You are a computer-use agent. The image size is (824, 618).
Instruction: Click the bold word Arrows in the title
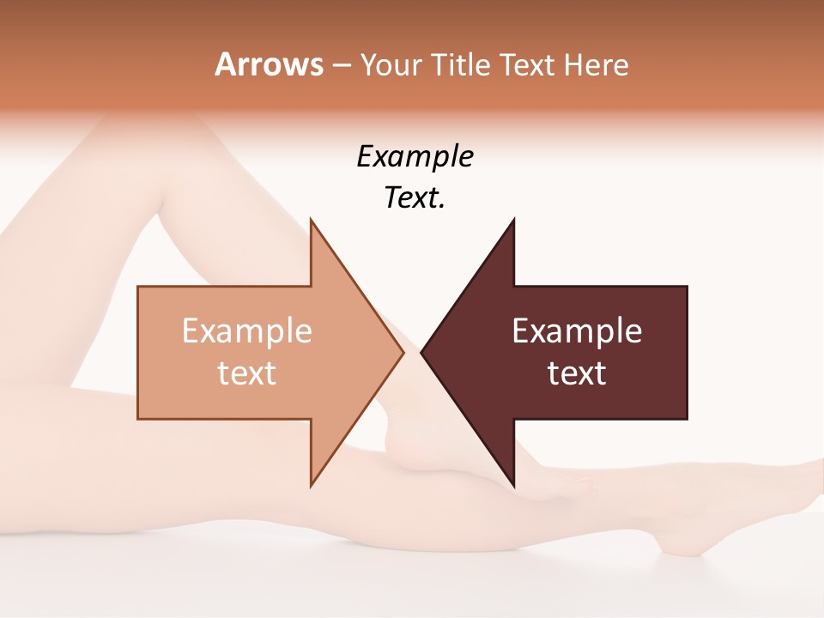click(269, 64)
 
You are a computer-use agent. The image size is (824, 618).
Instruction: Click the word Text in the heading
click(529, 64)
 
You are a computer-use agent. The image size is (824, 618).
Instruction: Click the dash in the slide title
click(342, 66)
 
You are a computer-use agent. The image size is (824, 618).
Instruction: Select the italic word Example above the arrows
click(415, 156)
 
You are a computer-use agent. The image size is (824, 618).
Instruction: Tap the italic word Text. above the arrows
click(415, 197)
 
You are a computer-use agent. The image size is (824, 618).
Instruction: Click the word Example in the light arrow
click(246, 330)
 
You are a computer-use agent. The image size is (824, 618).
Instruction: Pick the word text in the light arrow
click(246, 373)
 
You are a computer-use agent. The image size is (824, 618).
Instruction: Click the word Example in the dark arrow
click(577, 330)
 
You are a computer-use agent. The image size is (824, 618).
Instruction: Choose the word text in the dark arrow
click(577, 373)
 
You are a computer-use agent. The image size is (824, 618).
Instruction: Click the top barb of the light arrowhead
click(312, 221)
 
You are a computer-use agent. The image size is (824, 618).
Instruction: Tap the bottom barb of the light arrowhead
click(312, 484)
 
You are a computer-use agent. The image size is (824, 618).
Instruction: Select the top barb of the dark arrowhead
click(513, 221)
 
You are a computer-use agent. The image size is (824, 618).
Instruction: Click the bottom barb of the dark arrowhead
click(513, 484)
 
